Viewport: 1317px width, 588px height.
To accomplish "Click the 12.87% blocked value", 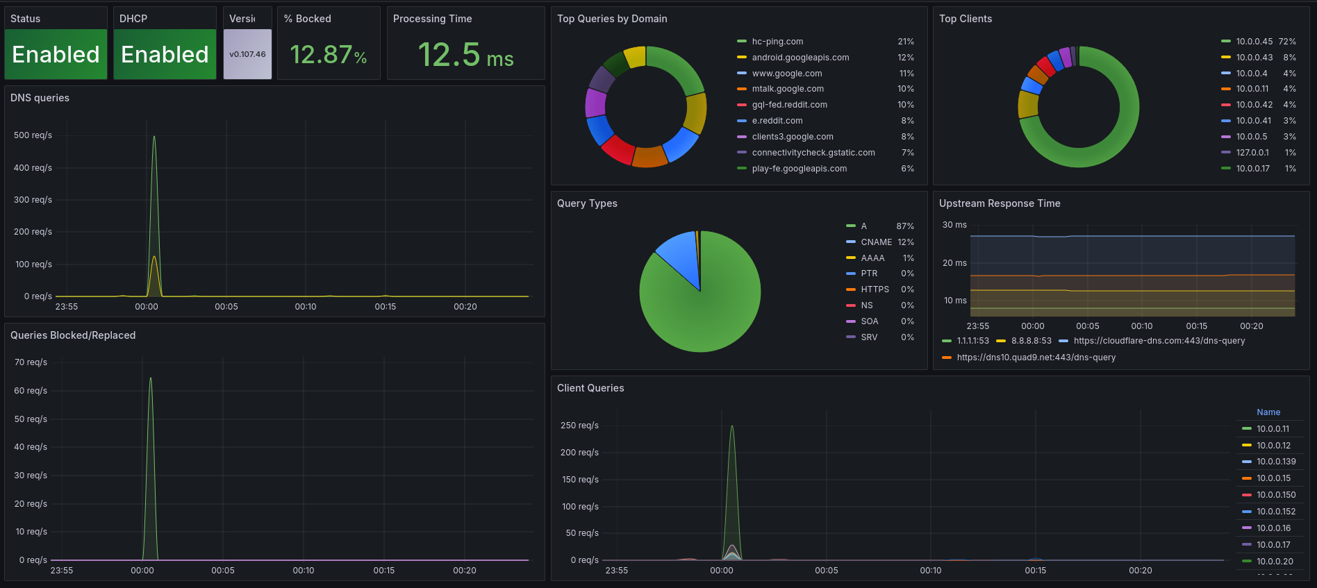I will click(x=328, y=55).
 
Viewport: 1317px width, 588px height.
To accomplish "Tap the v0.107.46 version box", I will click(x=247, y=54).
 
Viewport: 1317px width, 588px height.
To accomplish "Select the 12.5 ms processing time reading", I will click(x=465, y=55).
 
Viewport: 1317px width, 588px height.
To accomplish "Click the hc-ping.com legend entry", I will click(x=777, y=42).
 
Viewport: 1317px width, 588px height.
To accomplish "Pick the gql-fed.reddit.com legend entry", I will click(x=789, y=105).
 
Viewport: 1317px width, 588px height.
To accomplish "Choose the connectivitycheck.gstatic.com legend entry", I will click(x=813, y=153).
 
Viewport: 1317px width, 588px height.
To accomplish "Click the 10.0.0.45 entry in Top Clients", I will click(x=1254, y=42).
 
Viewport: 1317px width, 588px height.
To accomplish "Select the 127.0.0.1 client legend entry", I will click(x=1252, y=153).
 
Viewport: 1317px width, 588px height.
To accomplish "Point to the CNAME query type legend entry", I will click(x=876, y=242).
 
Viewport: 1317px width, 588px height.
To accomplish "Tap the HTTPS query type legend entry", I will click(x=875, y=289).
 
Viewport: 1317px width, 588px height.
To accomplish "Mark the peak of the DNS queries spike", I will click(x=154, y=137).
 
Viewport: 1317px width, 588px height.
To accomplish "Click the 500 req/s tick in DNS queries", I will click(x=33, y=135).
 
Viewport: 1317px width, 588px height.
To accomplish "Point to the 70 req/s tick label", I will click(x=31, y=362).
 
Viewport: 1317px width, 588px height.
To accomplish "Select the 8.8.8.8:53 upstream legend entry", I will click(x=1031, y=341).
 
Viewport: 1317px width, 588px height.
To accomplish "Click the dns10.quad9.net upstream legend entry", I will click(x=1036, y=358).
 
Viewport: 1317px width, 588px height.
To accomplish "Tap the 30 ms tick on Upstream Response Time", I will click(x=954, y=225).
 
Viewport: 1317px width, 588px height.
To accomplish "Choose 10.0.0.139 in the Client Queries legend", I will click(x=1275, y=462).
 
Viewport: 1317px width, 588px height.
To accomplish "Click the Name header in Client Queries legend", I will click(x=1268, y=412).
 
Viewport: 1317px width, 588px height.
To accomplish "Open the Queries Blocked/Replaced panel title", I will click(x=73, y=335).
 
